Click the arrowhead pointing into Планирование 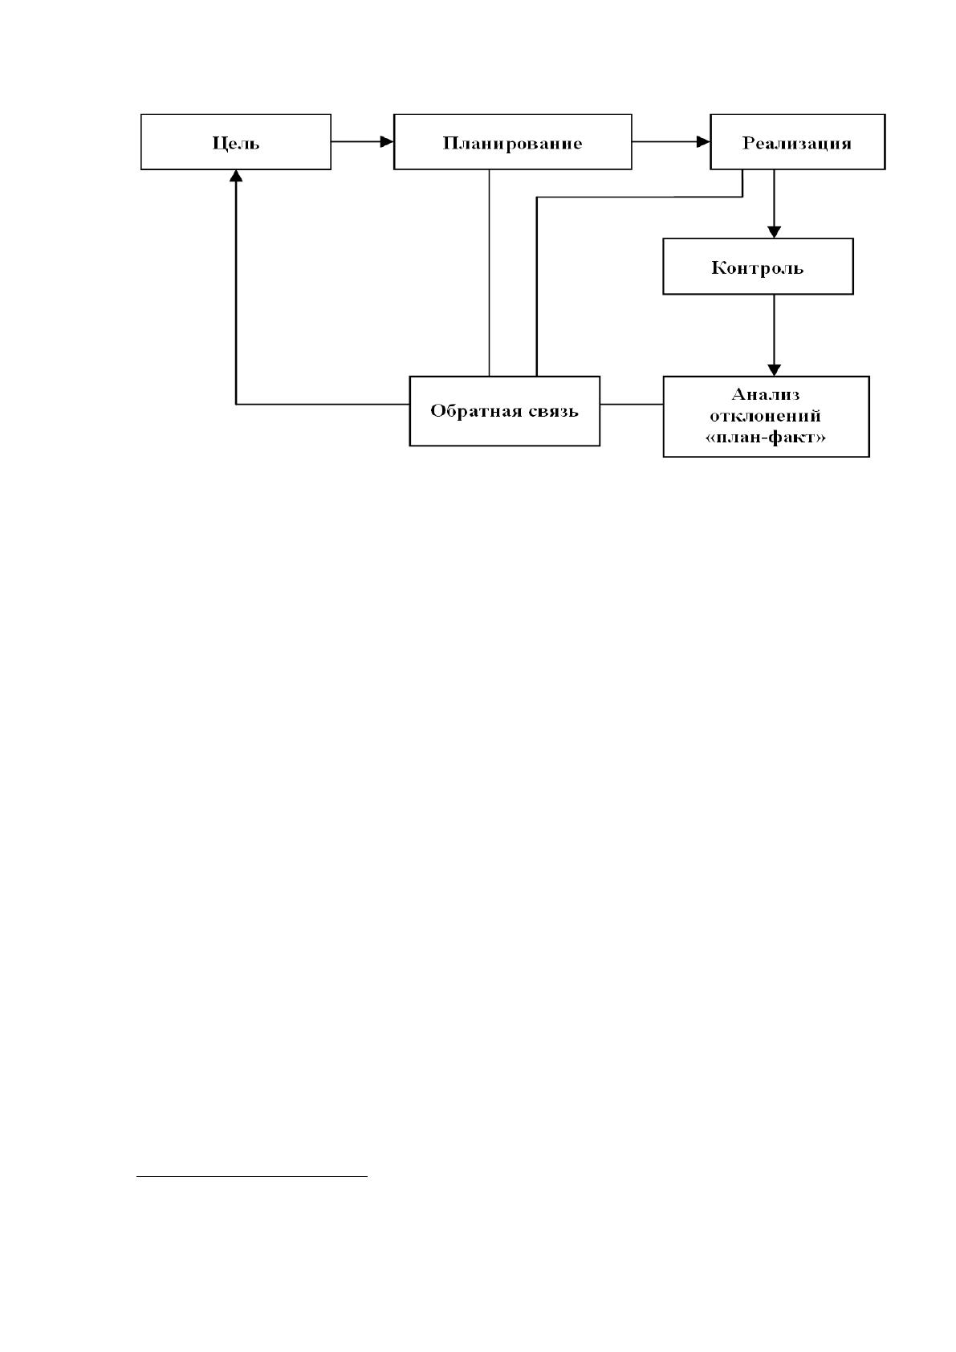click(386, 142)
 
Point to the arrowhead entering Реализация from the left click(703, 142)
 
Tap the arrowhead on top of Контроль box click(774, 232)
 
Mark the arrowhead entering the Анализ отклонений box click(774, 370)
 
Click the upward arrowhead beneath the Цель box click(236, 176)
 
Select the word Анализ click(765, 394)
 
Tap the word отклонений click(765, 416)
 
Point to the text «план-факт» click(765, 437)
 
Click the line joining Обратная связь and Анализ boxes click(631, 405)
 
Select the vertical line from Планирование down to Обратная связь click(489, 273)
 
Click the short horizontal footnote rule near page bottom click(252, 1175)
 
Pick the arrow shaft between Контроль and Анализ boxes click(774, 329)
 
